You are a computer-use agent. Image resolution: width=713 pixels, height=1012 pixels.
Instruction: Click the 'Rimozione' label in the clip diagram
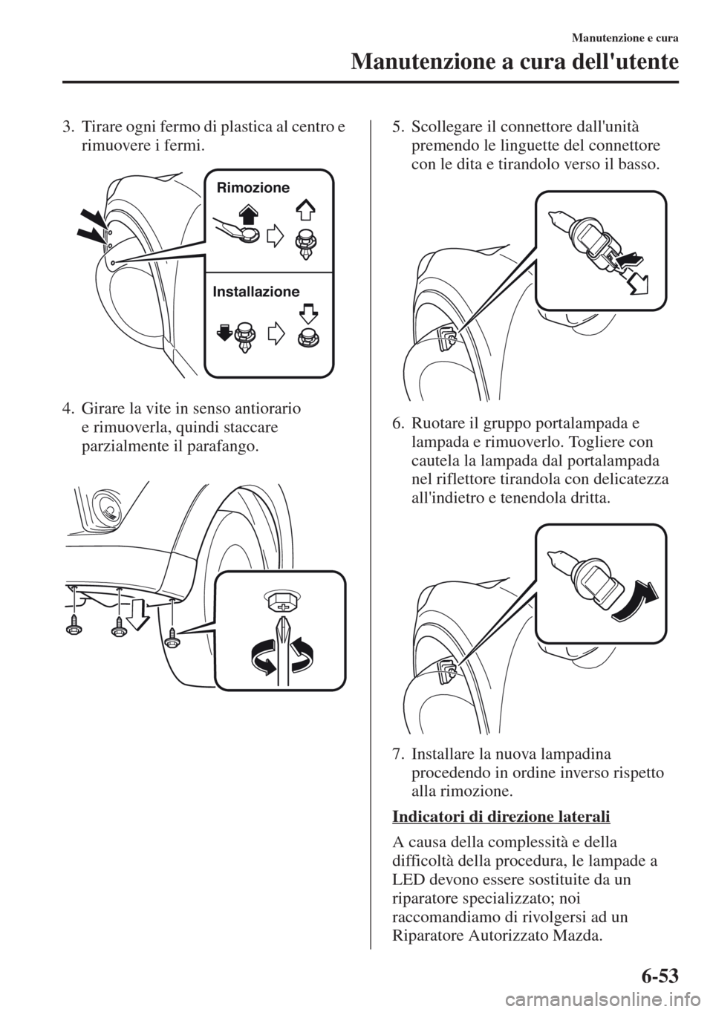(x=253, y=188)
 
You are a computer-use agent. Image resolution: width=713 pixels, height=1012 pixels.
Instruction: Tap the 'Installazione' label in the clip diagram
(x=255, y=292)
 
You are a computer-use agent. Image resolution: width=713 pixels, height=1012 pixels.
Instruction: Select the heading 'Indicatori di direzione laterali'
(x=501, y=817)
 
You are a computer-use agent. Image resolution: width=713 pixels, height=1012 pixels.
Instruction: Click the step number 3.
(x=68, y=128)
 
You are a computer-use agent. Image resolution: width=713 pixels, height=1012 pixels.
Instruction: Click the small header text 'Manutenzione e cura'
(x=625, y=39)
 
